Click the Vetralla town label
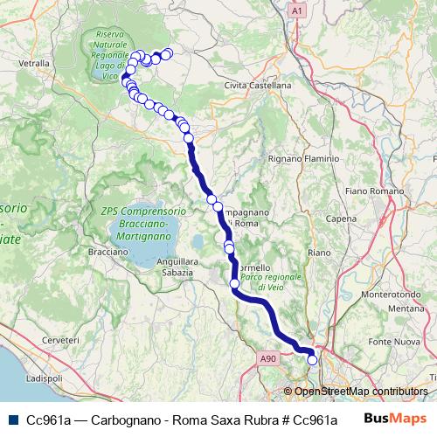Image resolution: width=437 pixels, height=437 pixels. (34, 64)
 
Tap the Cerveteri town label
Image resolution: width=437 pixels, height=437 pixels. (60, 337)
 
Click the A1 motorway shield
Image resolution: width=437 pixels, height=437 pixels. (297, 10)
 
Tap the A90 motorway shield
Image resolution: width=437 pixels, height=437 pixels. (267, 357)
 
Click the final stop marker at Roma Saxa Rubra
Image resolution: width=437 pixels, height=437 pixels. (312, 359)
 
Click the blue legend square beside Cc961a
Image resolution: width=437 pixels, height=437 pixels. (10, 419)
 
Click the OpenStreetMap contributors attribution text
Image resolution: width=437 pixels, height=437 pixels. (360, 392)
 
